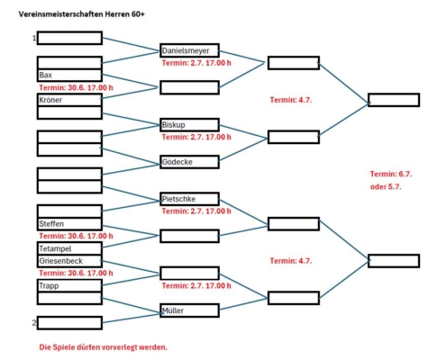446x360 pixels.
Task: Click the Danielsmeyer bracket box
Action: [x=189, y=50]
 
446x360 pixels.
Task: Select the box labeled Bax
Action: [x=69, y=75]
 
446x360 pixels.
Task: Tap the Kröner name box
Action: [x=69, y=100]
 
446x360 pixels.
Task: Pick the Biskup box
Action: [x=189, y=124]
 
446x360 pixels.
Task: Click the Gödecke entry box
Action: [x=189, y=162]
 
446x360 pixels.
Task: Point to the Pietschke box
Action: [x=189, y=199]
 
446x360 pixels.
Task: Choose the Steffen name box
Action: [x=69, y=224]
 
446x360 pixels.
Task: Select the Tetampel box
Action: [x=69, y=248]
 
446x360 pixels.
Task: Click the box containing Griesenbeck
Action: [x=69, y=261]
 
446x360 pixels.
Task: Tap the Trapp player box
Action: [x=69, y=285]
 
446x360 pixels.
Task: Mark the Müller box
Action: [x=189, y=310]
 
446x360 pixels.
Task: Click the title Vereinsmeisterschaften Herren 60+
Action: [x=82, y=14]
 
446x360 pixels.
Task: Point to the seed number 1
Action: [x=34, y=38]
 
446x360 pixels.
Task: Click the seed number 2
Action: [x=34, y=322]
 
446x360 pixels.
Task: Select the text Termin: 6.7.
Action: [x=391, y=174]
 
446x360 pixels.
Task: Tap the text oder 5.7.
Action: [x=386, y=186]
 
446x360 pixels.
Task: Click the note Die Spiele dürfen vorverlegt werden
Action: [x=104, y=347]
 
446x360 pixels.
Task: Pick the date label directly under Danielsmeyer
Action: [x=196, y=63]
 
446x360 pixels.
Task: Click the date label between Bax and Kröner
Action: [x=76, y=87]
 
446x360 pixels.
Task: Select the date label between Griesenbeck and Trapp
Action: [x=76, y=273]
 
